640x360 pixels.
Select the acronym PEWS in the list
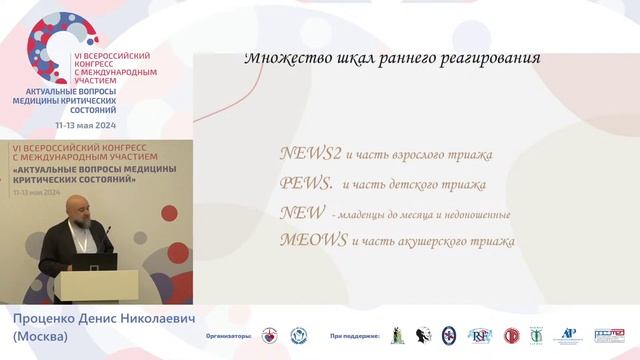pyautogui.click(x=306, y=184)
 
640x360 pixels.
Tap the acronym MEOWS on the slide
pyautogui.click(x=314, y=240)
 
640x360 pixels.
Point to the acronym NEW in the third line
pyautogui.click(x=301, y=212)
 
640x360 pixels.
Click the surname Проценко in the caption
pyautogui.click(x=41, y=319)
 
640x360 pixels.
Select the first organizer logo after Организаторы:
pyautogui.click(x=269, y=336)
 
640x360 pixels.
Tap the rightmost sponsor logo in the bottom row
pyautogui.click(x=609, y=336)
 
